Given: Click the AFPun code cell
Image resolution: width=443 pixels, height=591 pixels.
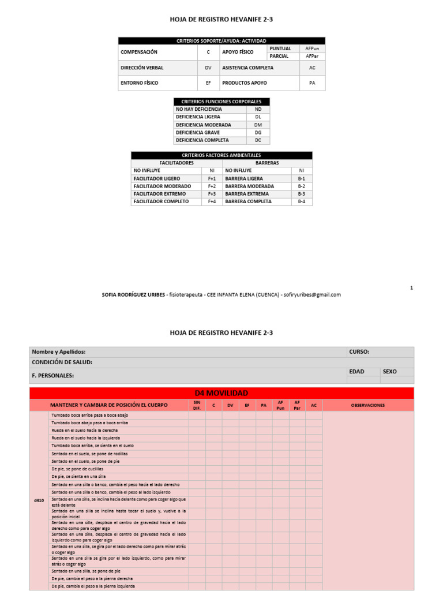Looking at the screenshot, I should (312, 48).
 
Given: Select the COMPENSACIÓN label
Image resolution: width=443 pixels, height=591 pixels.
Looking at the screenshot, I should (139, 52).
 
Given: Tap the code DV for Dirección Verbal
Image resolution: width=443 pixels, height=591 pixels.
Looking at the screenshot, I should (208, 68).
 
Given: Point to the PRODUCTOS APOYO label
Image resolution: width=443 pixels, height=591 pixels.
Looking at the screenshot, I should (245, 83).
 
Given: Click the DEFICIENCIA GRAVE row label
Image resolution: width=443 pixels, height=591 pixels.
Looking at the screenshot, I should (198, 133).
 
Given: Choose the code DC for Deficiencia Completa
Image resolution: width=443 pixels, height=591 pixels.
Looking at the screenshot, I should (258, 140).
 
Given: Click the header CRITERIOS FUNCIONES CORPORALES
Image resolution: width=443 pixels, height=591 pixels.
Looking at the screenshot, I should (221, 102).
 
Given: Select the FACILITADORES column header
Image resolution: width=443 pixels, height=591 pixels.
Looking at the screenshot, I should (177, 163).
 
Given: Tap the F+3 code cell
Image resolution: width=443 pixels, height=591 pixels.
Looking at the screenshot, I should (212, 194).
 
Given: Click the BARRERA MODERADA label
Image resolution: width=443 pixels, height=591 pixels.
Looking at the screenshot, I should (249, 186).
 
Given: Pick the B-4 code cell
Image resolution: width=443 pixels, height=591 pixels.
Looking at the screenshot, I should (301, 202).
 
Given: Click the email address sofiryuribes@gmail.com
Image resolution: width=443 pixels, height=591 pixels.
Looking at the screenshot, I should (311, 294).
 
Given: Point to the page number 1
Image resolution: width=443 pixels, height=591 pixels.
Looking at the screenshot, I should (411, 287).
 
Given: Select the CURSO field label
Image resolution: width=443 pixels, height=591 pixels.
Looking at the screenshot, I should (359, 351).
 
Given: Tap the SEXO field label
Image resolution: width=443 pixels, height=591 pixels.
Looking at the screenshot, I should (389, 372).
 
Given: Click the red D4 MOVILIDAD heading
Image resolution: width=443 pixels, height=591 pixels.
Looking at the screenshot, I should (221, 393).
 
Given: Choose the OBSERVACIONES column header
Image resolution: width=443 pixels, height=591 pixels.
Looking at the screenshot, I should (367, 405).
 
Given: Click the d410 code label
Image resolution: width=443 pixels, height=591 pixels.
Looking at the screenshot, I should (39, 500).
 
